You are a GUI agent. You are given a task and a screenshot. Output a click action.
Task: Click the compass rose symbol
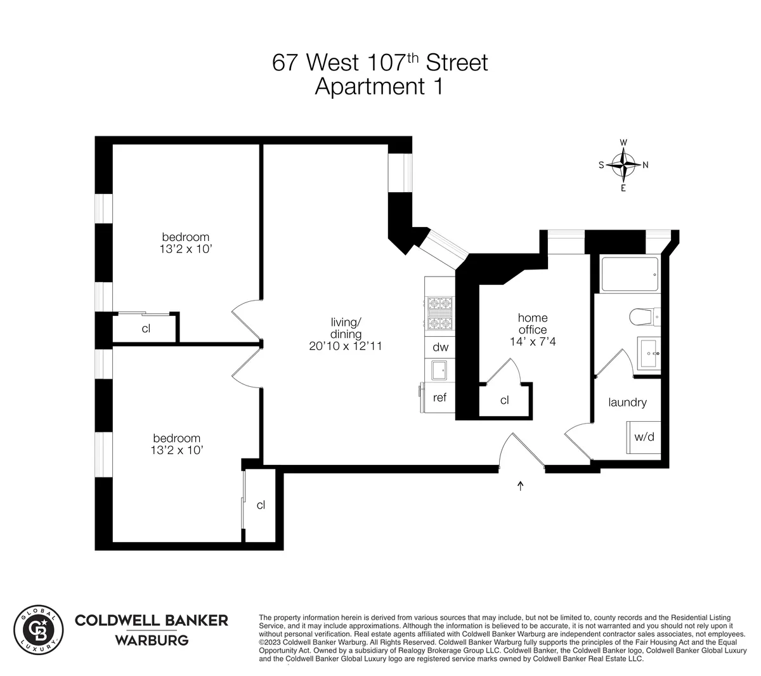point(625,165)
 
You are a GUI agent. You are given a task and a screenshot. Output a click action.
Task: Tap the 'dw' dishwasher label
point(440,347)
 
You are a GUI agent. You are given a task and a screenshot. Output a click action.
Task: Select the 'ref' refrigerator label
point(439,398)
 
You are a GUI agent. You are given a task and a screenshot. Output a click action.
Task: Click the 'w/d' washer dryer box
point(644,437)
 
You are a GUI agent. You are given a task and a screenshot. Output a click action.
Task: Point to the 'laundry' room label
point(627,402)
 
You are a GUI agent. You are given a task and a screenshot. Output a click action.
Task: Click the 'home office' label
point(532,323)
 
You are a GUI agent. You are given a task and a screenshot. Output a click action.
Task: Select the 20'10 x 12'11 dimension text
point(346,346)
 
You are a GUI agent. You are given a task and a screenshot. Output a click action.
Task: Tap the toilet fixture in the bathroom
point(644,315)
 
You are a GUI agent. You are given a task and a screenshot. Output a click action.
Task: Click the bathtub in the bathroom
point(630,274)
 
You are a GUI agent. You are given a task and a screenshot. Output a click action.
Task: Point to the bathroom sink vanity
point(649,352)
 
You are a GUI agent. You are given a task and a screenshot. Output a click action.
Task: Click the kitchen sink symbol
point(439,370)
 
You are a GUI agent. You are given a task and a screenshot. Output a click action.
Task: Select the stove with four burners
point(439,314)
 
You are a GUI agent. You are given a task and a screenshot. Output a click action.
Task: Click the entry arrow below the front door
point(521,486)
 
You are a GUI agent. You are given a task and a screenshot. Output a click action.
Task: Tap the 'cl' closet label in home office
point(505,400)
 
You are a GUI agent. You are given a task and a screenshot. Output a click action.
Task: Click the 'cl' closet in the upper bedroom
point(146,328)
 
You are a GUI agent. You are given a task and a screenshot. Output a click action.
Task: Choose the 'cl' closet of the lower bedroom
point(261,505)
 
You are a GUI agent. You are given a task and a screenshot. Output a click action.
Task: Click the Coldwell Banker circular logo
point(39,629)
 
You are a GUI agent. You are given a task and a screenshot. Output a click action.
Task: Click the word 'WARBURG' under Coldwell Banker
point(152,640)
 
